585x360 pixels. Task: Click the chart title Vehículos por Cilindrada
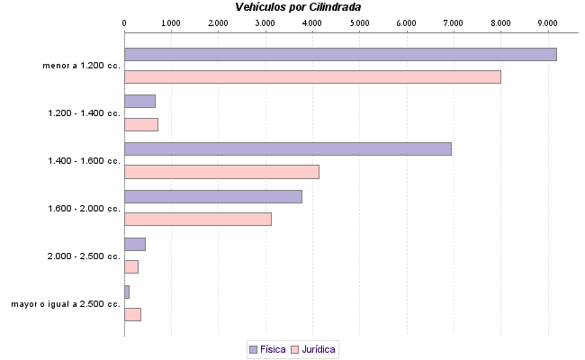click(298, 7)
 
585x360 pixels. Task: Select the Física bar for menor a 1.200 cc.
click(340, 54)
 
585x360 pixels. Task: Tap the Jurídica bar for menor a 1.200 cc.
click(312, 77)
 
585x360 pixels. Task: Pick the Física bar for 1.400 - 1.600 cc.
click(287, 148)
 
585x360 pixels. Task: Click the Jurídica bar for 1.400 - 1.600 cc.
click(221, 172)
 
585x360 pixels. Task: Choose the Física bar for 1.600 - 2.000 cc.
click(213, 196)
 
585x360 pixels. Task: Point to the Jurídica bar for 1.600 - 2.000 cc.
click(198, 219)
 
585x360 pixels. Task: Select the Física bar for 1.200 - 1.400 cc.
click(139, 101)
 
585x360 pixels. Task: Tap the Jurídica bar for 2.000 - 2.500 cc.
click(131, 266)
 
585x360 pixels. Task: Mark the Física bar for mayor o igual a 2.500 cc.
click(127, 292)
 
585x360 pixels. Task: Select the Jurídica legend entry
click(315, 349)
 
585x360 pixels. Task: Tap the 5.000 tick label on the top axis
click(359, 22)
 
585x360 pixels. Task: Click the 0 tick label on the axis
click(124, 22)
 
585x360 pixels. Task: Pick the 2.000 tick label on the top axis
click(218, 22)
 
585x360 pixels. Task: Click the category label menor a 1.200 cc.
click(81, 66)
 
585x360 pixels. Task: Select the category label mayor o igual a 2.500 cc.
click(66, 304)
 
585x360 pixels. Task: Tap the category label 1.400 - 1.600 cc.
click(84, 161)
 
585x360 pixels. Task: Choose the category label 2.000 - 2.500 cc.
click(84, 256)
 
